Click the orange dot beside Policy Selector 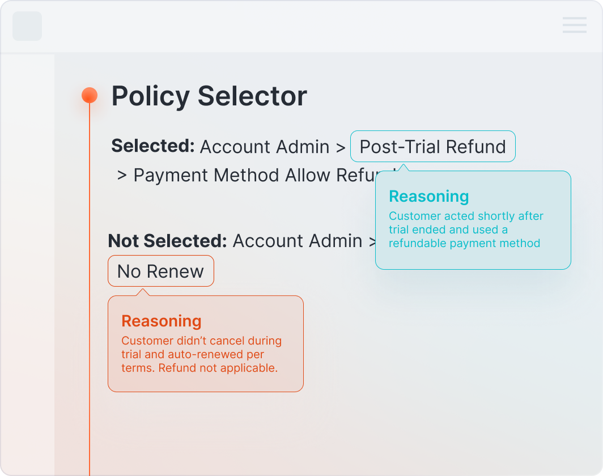tap(90, 95)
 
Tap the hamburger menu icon tap(574, 25)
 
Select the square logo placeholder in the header tap(27, 26)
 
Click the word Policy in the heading tap(150, 96)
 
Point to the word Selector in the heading tap(252, 96)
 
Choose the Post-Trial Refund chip tap(432, 147)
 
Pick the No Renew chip tap(160, 271)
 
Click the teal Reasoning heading tap(428, 197)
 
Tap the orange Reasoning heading tap(162, 321)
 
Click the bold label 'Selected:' tap(153, 146)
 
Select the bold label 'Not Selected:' tap(167, 241)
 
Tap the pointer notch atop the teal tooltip tap(403, 168)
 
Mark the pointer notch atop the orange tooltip tap(143, 292)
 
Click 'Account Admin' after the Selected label tap(265, 147)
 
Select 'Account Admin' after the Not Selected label tap(298, 241)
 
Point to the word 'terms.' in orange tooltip tap(138, 368)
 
